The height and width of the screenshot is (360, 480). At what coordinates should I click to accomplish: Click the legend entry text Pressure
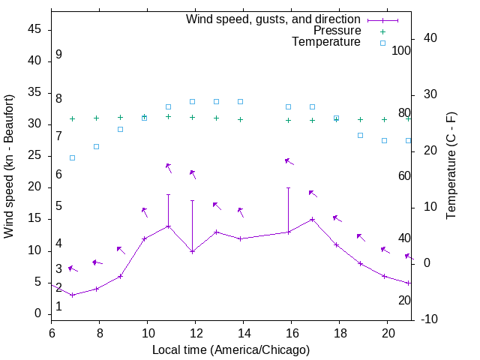pos(337,31)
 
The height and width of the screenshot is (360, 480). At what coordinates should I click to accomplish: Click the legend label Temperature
pos(326,43)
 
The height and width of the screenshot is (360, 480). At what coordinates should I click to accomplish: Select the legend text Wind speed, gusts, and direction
pos(274,19)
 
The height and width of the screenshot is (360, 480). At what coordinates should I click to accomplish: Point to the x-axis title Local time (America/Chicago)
pos(231,349)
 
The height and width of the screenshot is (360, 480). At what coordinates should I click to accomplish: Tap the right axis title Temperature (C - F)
pos(451,166)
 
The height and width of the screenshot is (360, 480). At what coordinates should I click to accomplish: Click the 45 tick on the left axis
pos(34,29)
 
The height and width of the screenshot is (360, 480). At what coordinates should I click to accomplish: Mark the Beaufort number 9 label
pos(58,55)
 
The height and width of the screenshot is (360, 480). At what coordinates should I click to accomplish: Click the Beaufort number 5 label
pos(58,206)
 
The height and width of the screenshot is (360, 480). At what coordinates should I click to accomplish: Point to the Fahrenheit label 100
pos(401,50)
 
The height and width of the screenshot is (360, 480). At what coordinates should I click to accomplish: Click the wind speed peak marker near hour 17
pos(313,219)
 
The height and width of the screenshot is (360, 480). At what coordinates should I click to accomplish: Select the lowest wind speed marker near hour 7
pos(72,295)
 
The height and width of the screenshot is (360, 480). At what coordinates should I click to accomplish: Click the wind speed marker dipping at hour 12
pos(193,251)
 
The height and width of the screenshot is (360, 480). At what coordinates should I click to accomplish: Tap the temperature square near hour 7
pos(72,157)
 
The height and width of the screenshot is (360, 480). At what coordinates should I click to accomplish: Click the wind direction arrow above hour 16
pos(289,161)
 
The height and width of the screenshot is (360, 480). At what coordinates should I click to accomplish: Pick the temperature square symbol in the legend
pos(382,43)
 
